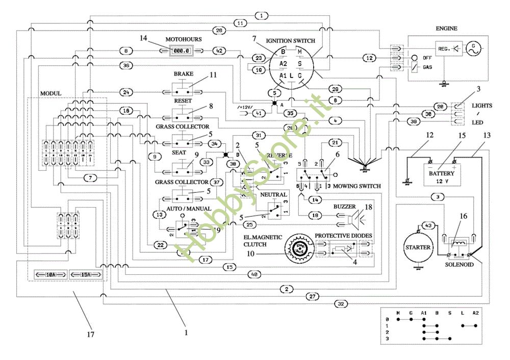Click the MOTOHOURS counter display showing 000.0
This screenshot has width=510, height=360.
pos(181,50)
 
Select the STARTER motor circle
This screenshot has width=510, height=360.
pos(418,248)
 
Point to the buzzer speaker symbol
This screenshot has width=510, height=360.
pos(353,219)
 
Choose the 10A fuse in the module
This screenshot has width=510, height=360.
pos(50,275)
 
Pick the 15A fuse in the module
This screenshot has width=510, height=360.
pos(86,275)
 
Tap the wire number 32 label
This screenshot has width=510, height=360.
pos(341,304)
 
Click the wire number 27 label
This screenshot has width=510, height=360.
pos(313,296)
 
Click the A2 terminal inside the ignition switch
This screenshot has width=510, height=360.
pos(284,63)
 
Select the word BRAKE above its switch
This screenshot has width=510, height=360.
pos(183,74)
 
